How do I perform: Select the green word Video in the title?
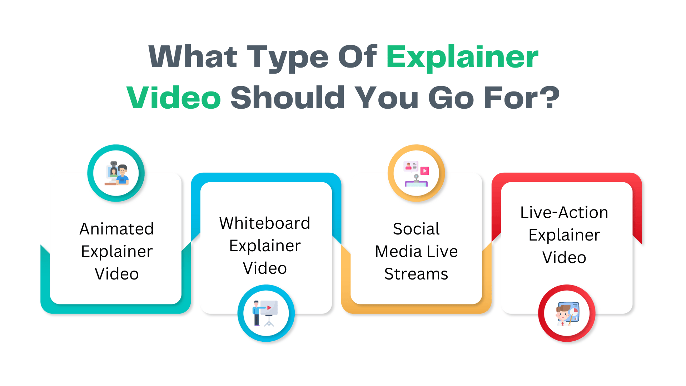point(174,98)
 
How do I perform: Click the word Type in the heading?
point(288,57)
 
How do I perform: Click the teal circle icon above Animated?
point(116,173)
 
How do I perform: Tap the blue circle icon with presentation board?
point(266,313)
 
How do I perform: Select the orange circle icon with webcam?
point(416,173)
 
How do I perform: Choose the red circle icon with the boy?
point(567,313)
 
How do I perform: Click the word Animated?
point(116,229)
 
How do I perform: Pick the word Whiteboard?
point(265,223)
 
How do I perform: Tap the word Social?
point(416,229)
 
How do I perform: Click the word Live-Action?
point(564,212)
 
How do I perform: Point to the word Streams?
point(416,274)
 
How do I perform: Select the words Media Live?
point(416,251)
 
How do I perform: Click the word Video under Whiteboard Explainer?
point(265,268)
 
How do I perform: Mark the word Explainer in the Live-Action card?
point(564,235)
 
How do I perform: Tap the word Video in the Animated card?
point(116,274)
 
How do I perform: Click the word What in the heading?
point(193,57)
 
